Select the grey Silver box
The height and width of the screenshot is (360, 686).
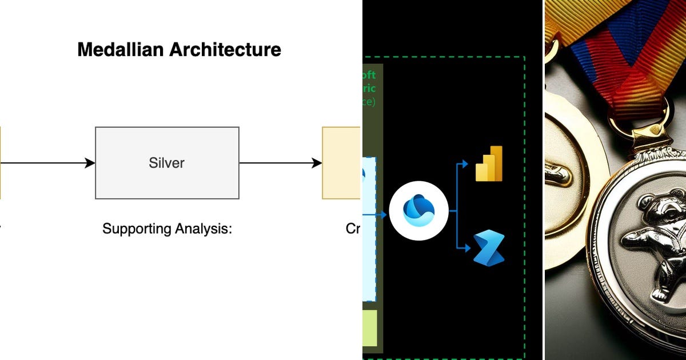coord(167,163)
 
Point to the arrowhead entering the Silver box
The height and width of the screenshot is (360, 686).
coord(90,163)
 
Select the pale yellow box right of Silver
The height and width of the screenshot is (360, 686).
coord(341,163)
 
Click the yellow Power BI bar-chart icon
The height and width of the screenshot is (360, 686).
coord(489,164)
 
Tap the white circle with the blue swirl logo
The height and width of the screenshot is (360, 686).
coord(418,211)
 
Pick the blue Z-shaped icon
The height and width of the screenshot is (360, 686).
coord(489,248)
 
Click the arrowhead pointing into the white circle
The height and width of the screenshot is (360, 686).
coord(384,215)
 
